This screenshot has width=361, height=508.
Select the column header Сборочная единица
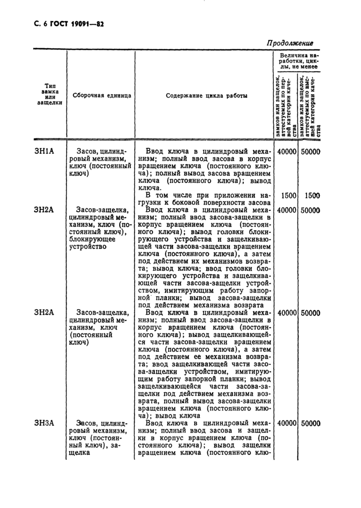(x=101, y=95)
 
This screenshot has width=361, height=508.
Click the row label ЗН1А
(x=44, y=151)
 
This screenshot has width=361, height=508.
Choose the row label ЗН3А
(x=44, y=423)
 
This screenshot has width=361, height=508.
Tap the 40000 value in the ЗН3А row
(x=286, y=423)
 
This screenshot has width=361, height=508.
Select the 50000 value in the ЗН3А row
(x=310, y=423)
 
